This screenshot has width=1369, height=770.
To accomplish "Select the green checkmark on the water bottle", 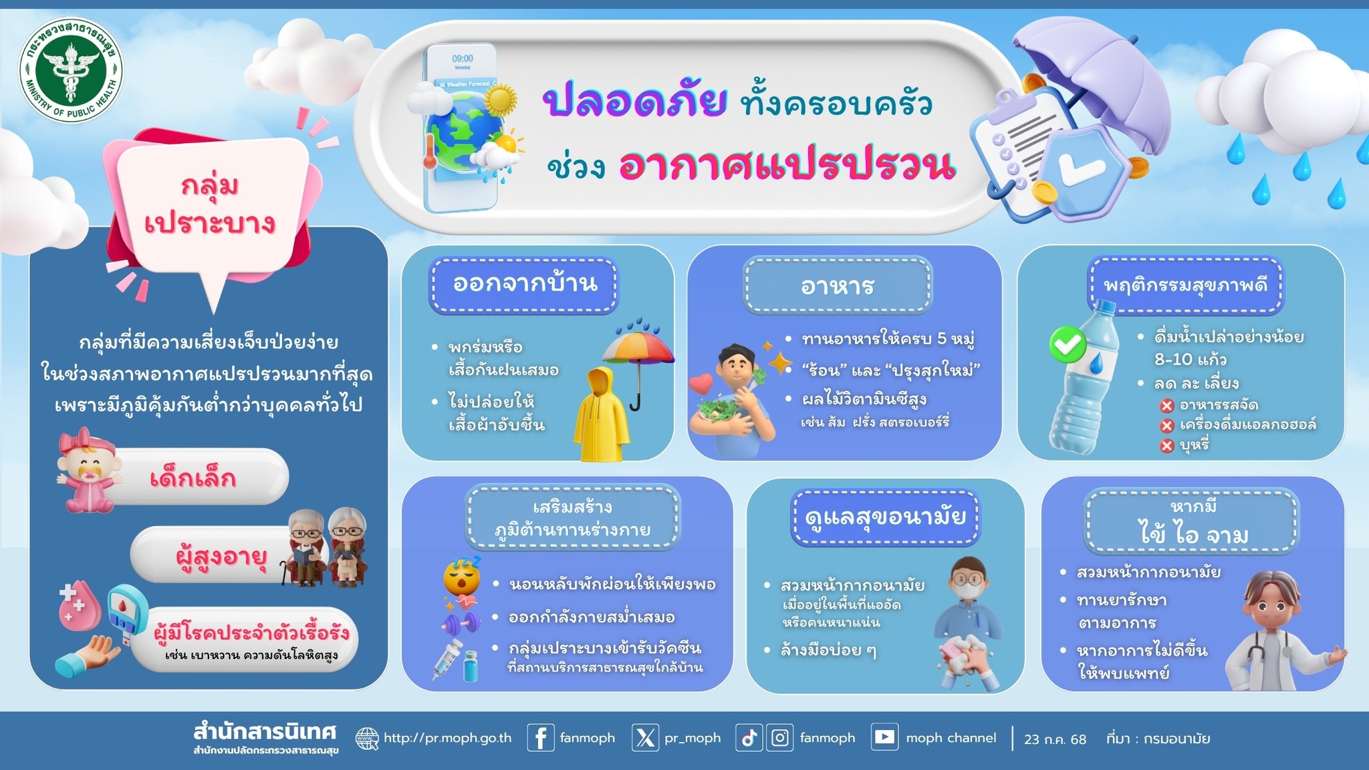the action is [x=1068, y=345].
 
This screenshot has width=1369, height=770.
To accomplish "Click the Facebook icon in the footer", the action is [x=541, y=738].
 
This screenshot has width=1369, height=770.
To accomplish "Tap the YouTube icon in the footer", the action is [x=884, y=737].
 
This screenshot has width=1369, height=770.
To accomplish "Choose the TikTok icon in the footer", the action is [x=749, y=738].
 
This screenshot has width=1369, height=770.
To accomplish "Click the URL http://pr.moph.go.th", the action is [x=447, y=738].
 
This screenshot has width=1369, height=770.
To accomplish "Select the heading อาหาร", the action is [x=838, y=286].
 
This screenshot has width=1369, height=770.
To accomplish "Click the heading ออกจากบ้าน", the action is [x=525, y=283].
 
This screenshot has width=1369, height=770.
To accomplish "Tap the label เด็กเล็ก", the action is [x=193, y=479].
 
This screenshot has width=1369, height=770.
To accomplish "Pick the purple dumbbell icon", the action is [x=461, y=624].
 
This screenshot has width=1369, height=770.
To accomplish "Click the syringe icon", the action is [x=447, y=659].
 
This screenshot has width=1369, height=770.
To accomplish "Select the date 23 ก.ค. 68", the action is [x=1055, y=739].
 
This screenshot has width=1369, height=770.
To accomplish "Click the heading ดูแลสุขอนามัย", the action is [x=886, y=517].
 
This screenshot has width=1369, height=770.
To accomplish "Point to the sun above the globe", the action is [x=500, y=100].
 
